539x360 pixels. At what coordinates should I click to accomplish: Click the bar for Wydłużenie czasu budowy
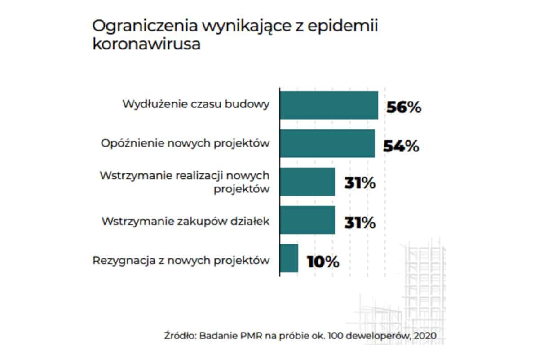(x=329, y=105)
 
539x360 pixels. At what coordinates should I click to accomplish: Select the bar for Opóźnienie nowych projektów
(x=327, y=144)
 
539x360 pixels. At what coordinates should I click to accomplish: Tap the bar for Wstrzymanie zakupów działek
(x=308, y=220)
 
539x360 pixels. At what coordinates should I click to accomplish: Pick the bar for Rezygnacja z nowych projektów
(x=289, y=258)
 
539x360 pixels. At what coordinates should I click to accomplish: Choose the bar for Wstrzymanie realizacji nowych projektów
(x=308, y=182)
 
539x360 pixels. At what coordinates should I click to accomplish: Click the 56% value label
(x=403, y=108)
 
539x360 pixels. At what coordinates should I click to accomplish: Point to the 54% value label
(x=401, y=147)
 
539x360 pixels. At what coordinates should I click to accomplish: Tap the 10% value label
(x=323, y=262)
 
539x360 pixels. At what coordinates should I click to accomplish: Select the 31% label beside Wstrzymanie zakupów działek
(x=359, y=223)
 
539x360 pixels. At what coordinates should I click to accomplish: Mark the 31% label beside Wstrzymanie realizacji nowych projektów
(x=359, y=184)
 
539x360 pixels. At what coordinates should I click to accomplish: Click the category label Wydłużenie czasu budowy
(x=196, y=105)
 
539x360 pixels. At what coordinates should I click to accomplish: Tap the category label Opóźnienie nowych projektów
(x=185, y=143)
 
